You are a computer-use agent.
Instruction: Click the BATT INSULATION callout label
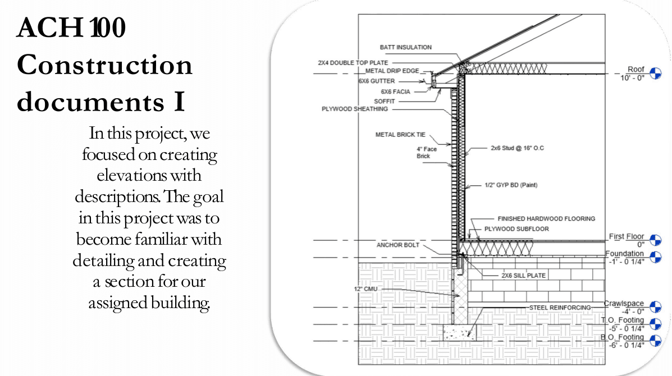(405, 47)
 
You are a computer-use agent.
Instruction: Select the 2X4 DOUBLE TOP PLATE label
(353, 62)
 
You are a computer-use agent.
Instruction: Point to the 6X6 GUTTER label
(376, 81)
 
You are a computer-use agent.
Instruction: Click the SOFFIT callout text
(385, 101)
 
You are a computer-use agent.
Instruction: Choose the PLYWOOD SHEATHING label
(354, 109)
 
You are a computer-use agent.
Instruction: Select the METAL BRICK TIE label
(400, 135)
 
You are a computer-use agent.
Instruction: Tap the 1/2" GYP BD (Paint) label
(510, 185)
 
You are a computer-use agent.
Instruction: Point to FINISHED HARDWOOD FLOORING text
(546, 219)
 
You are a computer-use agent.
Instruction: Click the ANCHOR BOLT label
(397, 245)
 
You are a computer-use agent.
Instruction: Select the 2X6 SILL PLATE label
(523, 276)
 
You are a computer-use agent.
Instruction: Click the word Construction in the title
(104, 66)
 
